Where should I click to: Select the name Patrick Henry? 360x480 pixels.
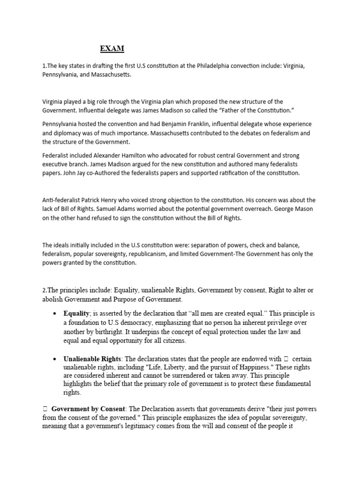(97, 200)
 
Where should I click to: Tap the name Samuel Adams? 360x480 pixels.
(158, 209)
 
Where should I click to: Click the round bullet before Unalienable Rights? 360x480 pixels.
(55, 359)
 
